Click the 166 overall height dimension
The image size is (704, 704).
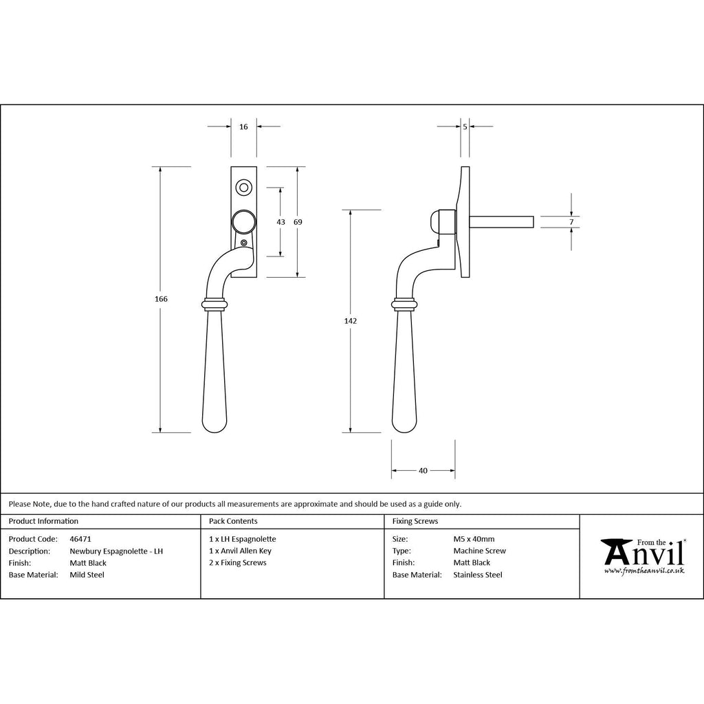pos(162,299)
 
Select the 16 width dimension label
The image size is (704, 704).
pos(244,127)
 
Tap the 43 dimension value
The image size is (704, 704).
pos(280,222)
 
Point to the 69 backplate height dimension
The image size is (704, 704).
pos(298,222)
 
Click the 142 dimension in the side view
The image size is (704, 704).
pos(351,321)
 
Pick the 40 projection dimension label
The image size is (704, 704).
pos(423,471)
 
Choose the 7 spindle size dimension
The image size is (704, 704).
pos(571,221)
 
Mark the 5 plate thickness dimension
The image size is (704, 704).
pos(465,127)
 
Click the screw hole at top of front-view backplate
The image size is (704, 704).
pos(243,186)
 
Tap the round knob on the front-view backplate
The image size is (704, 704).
pos(243,221)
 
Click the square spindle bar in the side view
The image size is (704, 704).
pos(502,221)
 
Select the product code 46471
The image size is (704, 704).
pos(80,539)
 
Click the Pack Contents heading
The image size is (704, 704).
pos(233,521)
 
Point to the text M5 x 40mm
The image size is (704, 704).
pos(474,539)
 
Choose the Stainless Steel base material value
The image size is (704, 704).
pos(478,575)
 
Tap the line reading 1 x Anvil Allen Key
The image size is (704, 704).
pos(241,551)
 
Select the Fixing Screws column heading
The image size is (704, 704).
pos(415,521)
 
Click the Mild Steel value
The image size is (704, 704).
pos(87,575)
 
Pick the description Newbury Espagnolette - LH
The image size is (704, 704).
pos(116,551)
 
